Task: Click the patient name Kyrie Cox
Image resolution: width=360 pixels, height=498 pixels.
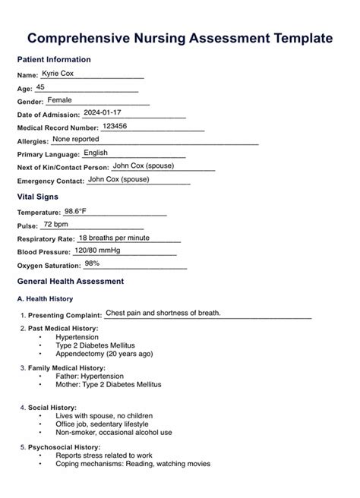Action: tap(58, 74)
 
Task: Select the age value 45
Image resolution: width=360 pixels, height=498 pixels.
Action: tap(40, 87)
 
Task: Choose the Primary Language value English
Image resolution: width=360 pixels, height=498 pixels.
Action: tap(95, 153)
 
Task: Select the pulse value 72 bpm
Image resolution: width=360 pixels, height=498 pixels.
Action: tap(55, 225)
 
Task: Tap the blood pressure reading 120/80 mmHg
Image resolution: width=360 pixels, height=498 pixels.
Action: tap(97, 251)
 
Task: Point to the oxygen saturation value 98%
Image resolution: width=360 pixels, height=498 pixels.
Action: tap(92, 263)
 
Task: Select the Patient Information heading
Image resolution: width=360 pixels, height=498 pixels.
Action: tap(53, 59)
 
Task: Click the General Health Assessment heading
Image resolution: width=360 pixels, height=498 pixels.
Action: tap(70, 281)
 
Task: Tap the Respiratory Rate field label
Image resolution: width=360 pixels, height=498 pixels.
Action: tap(45, 239)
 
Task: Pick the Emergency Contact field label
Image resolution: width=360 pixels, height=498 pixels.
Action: tap(49, 181)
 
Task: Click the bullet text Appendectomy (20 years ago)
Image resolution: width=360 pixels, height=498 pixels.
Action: tap(104, 354)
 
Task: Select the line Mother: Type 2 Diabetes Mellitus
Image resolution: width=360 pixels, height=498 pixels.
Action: tap(108, 385)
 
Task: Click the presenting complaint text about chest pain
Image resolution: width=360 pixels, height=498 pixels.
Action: tap(163, 313)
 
